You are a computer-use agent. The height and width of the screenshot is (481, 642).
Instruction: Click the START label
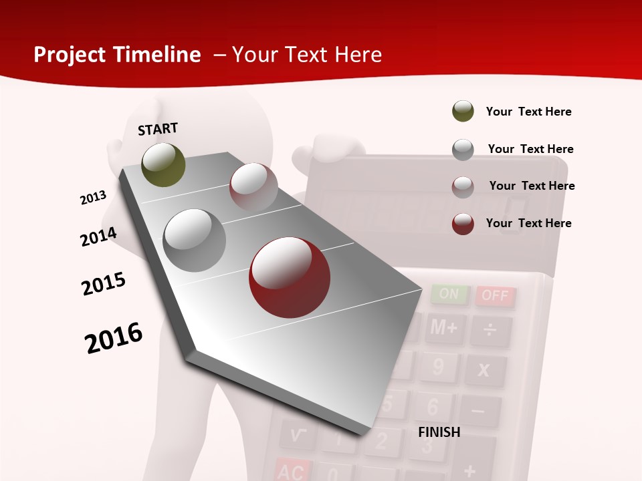click(158, 129)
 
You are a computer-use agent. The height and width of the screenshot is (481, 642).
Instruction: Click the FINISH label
click(439, 432)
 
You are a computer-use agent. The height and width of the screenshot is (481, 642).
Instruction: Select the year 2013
click(94, 198)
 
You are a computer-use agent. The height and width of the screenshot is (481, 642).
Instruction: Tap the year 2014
click(99, 236)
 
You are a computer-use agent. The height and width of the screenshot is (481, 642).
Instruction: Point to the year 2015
click(104, 284)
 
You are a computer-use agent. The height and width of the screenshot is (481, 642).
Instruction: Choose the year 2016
click(114, 337)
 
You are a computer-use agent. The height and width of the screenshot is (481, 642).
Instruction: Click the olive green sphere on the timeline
click(163, 164)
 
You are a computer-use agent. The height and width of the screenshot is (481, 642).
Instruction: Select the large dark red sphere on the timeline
click(290, 277)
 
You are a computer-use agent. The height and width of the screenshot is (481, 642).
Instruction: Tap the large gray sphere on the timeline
click(195, 240)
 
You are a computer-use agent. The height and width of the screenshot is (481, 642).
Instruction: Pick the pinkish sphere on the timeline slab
click(253, 187)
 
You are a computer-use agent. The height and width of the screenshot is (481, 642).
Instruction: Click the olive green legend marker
click(463, 112)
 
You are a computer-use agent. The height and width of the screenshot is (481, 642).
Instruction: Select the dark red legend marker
click(463, 224)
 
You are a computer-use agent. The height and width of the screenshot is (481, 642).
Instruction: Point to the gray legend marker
click(463, 150)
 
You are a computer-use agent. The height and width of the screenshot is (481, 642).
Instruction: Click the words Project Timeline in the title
click(117, 55)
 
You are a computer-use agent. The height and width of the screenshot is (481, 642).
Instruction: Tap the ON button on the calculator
click(449, 294)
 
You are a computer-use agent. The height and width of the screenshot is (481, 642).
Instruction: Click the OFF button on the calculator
click(496, 295)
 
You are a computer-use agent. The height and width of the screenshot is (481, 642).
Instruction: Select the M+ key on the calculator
click(444, 328)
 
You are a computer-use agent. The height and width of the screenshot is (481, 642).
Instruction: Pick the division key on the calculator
click(491, 330)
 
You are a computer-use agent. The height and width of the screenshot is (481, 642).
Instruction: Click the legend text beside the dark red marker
click(528, 223)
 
